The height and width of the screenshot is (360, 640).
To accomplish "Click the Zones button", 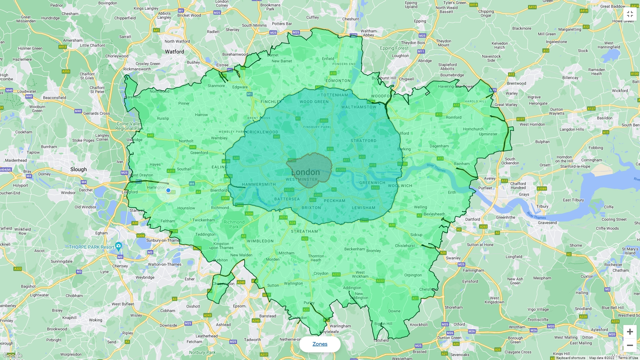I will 320,344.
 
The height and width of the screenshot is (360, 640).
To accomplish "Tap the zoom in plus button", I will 630,332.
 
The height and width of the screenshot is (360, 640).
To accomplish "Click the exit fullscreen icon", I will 630,14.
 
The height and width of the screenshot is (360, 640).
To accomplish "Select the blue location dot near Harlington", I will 168,190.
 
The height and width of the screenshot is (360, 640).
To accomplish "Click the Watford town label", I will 174,52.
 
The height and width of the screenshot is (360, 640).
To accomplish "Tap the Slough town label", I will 78,169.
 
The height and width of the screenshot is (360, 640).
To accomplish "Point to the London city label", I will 306,172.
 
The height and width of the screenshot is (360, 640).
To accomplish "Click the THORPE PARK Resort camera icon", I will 118,246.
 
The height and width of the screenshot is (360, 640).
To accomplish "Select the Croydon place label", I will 321,273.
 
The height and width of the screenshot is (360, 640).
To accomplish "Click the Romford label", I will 453,117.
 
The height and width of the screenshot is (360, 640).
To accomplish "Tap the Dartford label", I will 472,219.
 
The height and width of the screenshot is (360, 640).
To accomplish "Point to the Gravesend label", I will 547,223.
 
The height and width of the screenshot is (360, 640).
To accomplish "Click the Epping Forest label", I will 394,48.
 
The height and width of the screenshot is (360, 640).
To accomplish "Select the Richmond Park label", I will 234,224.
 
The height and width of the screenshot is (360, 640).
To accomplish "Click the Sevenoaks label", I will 459,355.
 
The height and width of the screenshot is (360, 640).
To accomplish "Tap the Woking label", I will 95,320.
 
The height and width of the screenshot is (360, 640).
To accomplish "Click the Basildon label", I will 604,118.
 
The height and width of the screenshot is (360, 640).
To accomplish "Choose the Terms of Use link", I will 628,358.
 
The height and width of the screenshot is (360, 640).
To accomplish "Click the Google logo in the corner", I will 12,355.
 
